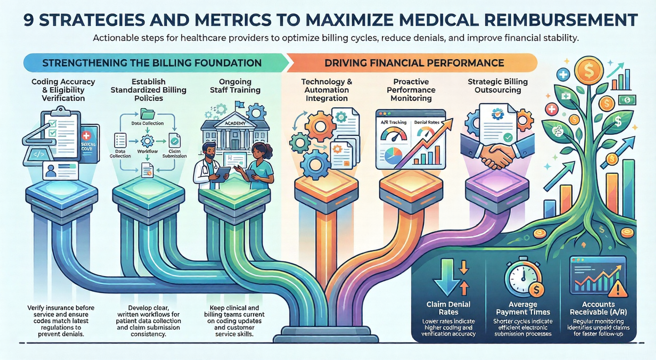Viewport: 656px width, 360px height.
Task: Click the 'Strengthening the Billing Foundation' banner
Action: pyautogui.click(x=152, y=63)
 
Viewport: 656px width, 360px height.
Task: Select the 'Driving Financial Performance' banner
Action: pyautogui.click(x=414, y=63)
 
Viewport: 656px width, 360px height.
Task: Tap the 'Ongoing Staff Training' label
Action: pyautogui.click(x=235, y=86)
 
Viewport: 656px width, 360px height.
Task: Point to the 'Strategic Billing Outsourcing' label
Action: pyautogui.click(x=498, y=86)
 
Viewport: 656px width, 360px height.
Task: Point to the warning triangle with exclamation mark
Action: pyautogui.click(x=618, y=289)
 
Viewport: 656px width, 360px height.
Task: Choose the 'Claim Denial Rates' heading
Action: pyautogui.click(x=448, y=308)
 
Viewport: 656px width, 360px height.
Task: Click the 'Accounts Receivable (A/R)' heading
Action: pyautogui.click(x=598, y=308)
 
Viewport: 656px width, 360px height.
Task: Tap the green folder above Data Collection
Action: pyautogui.click(x=147, y=114)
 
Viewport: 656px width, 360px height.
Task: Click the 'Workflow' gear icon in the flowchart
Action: pyautogui.click(x=147, y=141)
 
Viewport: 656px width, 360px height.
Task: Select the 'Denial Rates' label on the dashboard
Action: pyautogui.click(x=426, y=122)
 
